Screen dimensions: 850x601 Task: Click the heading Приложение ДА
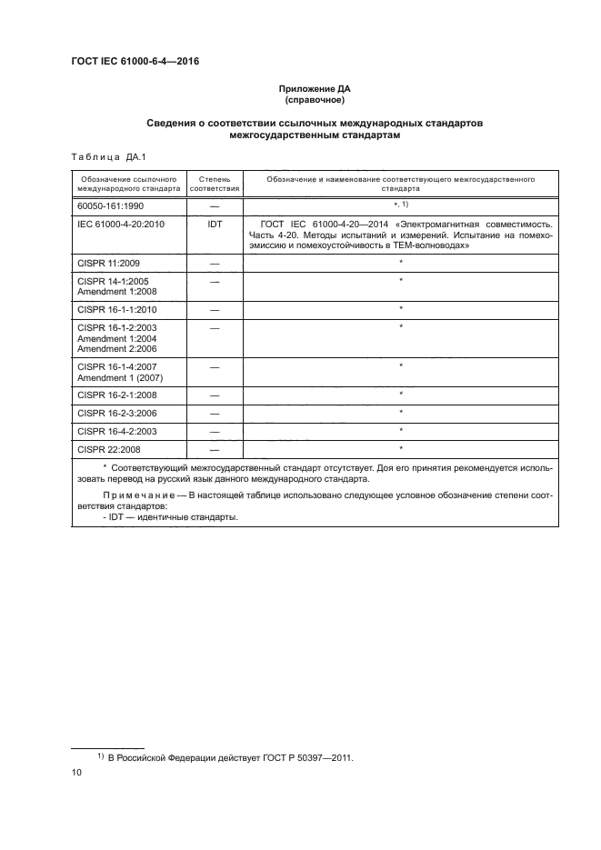(315, 89)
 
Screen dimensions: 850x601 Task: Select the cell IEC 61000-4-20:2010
(120, 223)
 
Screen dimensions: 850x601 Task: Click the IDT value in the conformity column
(215, 223)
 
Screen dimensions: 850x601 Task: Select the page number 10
(76, 773)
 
